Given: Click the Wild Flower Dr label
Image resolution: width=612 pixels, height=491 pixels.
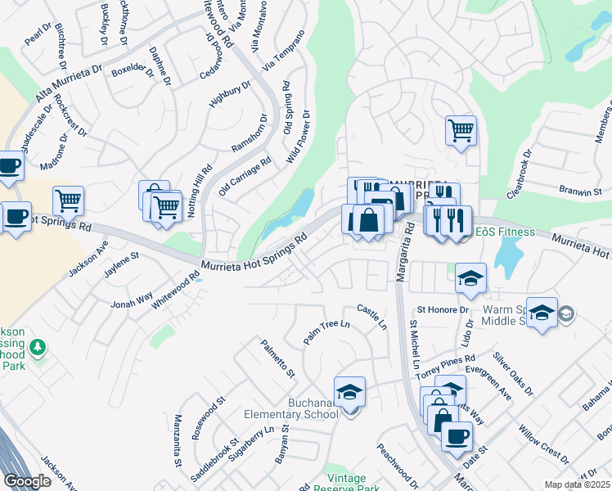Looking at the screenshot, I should [x=299, y=137].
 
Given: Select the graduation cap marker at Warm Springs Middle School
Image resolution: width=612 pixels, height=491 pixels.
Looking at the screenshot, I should [x=542, y=313].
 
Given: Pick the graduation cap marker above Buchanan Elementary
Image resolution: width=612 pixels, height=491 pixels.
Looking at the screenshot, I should [x=350, y=391].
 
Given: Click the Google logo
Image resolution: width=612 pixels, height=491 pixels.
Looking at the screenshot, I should [x=27, y=481].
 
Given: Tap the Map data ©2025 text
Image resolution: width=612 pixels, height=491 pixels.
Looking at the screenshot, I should [x=577, y=484].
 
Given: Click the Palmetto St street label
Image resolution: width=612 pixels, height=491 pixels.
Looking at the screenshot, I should [x=278, y=361].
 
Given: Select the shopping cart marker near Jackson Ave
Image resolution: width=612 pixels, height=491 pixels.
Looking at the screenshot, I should [x=69, y=200].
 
